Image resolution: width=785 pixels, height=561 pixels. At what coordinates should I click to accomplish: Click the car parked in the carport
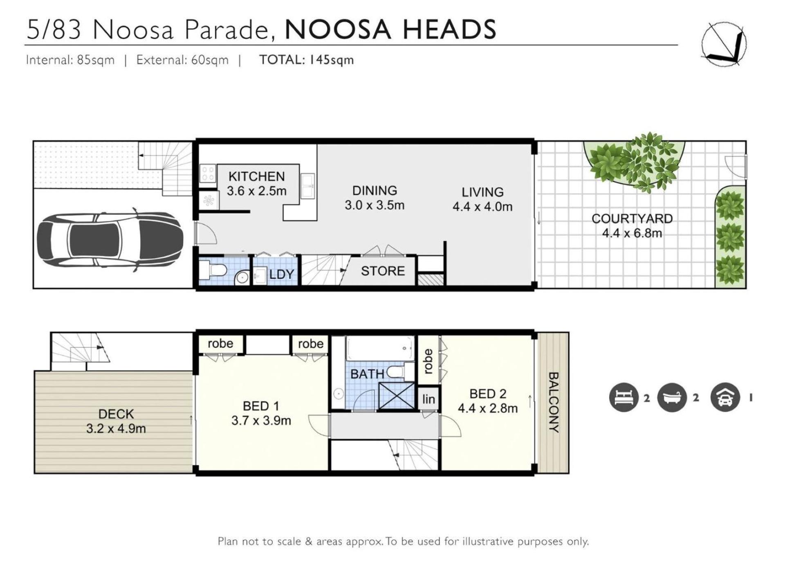[110, 240]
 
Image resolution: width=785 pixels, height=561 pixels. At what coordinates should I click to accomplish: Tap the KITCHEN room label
[256, 176]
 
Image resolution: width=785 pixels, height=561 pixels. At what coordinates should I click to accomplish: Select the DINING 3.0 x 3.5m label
[375, 198]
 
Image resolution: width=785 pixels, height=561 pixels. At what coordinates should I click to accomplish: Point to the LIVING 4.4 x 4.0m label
[482, 199]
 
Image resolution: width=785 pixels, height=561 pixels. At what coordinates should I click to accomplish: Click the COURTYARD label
[632, 219]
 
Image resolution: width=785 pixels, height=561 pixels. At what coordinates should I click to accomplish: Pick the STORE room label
[383, 271]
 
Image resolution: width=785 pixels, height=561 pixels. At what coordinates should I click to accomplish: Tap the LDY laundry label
[282, 274]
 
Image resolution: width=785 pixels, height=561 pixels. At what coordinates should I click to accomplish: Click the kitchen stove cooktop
[207, 173]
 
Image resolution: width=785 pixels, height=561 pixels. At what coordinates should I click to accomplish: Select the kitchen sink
[307, 186]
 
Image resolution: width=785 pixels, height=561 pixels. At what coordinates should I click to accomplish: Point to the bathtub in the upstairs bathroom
[380, 348]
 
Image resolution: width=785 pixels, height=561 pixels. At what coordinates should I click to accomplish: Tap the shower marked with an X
[397, 396]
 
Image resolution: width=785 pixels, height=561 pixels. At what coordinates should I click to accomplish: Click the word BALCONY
[553, 402]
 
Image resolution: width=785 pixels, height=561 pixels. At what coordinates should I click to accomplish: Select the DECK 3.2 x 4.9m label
[116, 421]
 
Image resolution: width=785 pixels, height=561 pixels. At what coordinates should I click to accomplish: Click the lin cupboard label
[428, 399]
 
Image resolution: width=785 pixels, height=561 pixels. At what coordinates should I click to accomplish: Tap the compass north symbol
[724, 44]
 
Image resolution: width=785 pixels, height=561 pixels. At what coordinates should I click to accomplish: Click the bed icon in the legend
[624, 397]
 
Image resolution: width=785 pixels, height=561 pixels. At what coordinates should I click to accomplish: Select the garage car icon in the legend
[725, 397]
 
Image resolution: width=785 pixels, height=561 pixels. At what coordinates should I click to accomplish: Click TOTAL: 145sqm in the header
[307, 60]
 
